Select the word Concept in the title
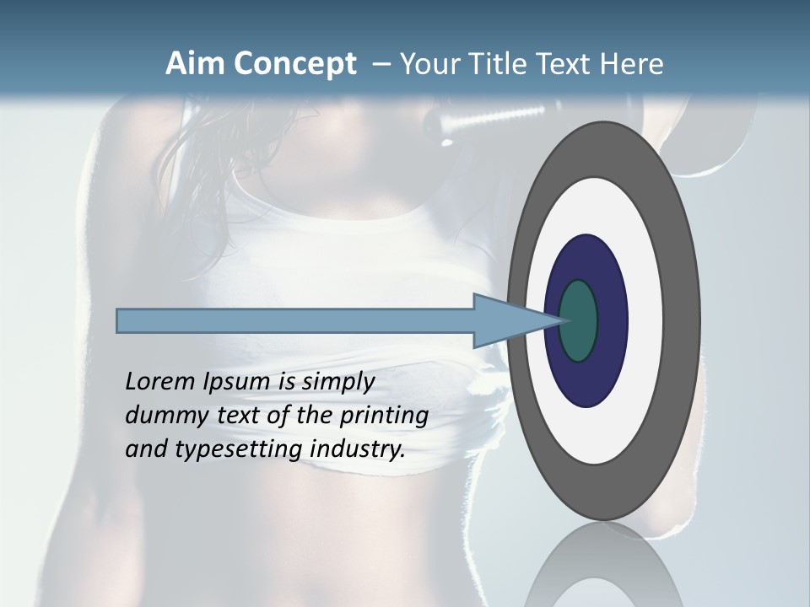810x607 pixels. (x=293, y=65)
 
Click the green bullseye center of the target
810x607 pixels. (x=579, y=320)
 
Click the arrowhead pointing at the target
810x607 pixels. (x=506, y=321)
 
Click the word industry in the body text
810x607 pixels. (x=358, y=450)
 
